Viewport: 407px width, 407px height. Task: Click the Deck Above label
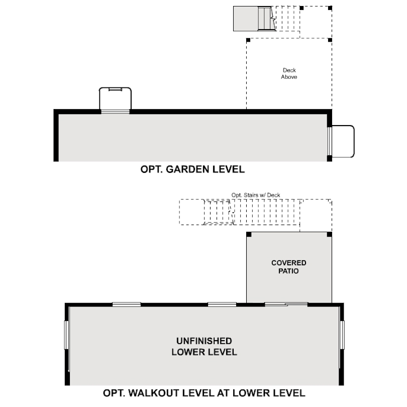tap(289, 73)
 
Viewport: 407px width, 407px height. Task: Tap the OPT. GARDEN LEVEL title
tap(193, 169)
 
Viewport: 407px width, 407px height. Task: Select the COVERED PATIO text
tap(288, 267)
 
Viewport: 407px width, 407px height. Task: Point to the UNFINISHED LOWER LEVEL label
tap(204, 346)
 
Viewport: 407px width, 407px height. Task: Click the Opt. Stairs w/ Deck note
tap(255, 195)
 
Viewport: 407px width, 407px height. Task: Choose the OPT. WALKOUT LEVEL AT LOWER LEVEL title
tap(204, 393)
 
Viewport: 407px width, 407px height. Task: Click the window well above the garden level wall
tap(116, 98)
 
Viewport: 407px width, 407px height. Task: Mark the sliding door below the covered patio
tap(286, 304)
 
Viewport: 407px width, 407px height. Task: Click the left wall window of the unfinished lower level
tap(66, 335)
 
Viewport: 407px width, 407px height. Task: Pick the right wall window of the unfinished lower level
tap(342, 335)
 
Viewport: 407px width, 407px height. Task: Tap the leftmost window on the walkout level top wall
tap(127, 304)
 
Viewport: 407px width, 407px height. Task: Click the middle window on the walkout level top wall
tap(222, 304)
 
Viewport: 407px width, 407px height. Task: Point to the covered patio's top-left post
tap(249, 234)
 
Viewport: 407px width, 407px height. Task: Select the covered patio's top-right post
tap(329, 234)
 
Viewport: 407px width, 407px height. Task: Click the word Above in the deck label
tap(289, 77)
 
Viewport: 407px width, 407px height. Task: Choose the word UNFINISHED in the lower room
tap(204, 341)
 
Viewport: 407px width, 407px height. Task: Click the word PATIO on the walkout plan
tap(288, 271)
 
